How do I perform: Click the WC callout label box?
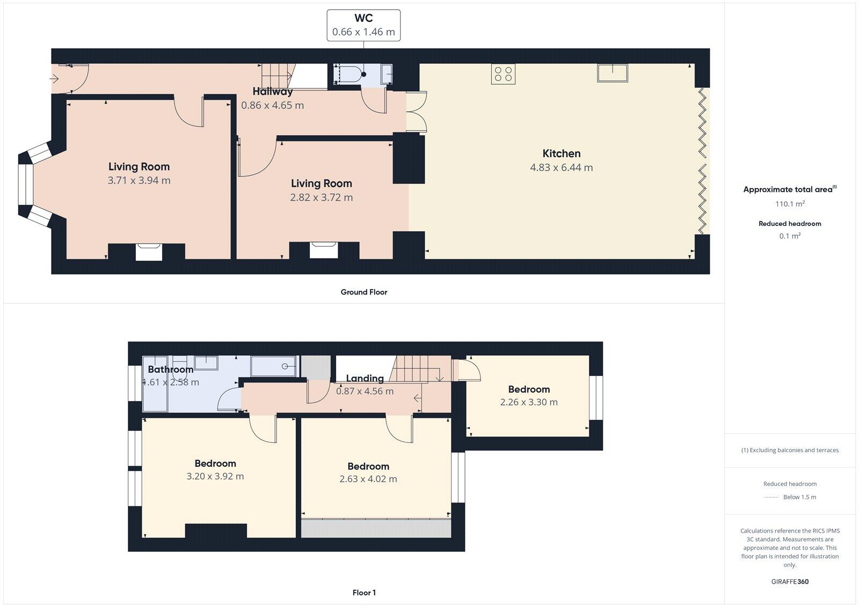point(363,25)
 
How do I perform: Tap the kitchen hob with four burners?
point(503,73)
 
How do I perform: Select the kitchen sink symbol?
point(613,72)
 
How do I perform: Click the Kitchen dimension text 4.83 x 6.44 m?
point(561,167)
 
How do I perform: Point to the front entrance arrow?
point(54,79)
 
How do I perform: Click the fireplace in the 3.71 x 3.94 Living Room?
point(148,252)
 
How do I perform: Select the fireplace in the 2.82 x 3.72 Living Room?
point(324,250)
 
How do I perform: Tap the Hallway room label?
point(272,91)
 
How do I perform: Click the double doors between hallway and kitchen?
point(417,112)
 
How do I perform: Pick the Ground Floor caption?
point(363,292)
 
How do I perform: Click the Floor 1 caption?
point(363,593)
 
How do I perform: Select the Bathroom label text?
point(170,370)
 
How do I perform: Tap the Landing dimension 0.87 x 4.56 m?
point(365,391)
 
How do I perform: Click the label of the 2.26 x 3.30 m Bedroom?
point(529,389)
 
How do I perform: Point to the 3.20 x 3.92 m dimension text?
point(215,476)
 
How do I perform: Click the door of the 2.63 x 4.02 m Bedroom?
point(400,429)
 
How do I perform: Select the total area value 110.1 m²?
point(789,204)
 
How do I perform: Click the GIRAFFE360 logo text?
point(789,581)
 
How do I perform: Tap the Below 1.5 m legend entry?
point(799,497)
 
